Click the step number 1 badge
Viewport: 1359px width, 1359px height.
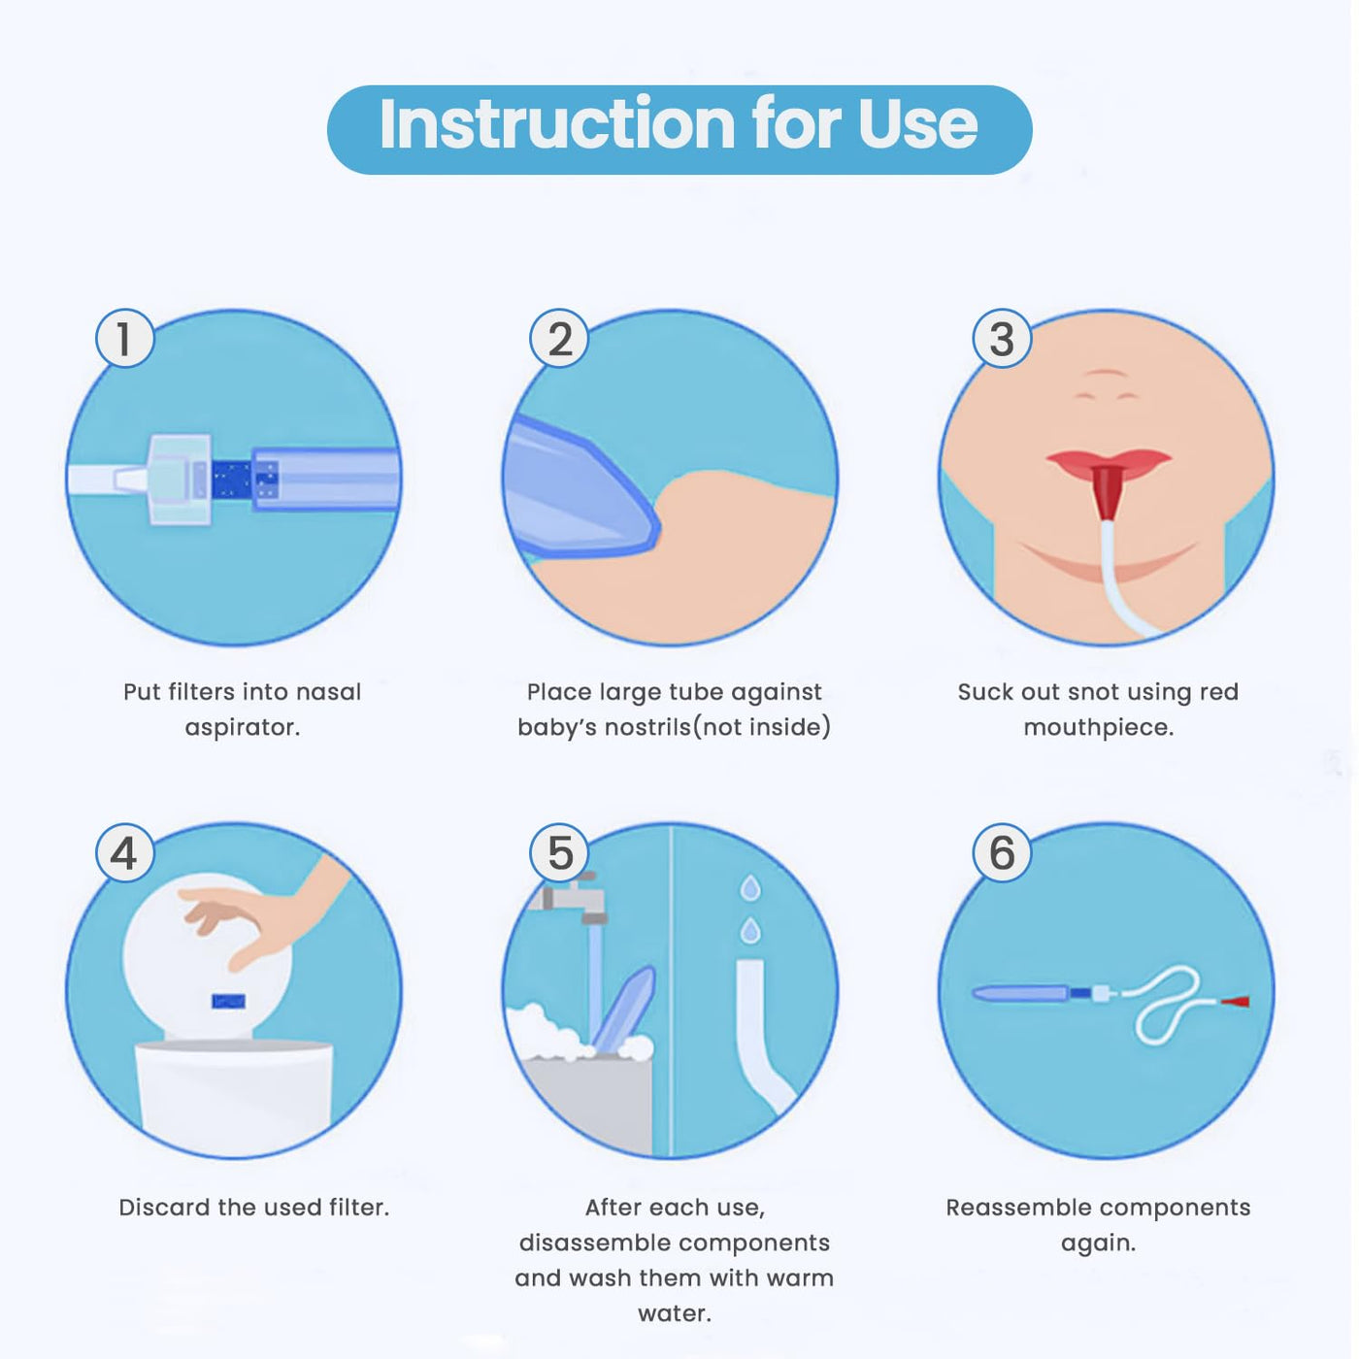(x=125, y=339)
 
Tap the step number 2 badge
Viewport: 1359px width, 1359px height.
(x=559, y=339)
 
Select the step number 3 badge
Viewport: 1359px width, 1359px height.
(x=1002, y=339)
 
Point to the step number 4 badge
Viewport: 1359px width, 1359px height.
(x=125, y=852)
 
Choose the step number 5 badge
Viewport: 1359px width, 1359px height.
(x=559, y=852)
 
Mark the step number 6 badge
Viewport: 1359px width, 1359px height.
(x=1002, y=852)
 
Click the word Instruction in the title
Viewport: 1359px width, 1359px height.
(x=558, y=124)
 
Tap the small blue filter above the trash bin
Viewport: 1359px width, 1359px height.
(x=228, y=1001)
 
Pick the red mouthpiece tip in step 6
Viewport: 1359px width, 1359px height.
(x=1235, y=1001)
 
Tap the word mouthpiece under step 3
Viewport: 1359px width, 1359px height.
(x=1098, y=728)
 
